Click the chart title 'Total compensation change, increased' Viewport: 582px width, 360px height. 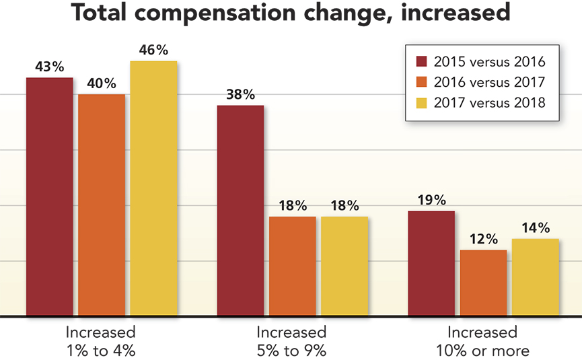pyautogui.click(x=291, y=14)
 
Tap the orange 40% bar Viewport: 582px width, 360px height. pyautogui.click(x=102, y=205)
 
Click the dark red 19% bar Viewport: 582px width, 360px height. pyautogui.click(x=431, y=263)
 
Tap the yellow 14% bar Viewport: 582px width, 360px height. pyautogui.click(x=536, y=277)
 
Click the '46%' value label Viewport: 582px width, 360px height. pyautogui.click(x=153, y=50)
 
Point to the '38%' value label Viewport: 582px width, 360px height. pyautogui.click(x=240, y=95)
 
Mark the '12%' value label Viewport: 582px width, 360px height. pyautogui.click(x=483, y=240)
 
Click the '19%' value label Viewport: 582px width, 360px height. pyautogui.click(x=431, y=201)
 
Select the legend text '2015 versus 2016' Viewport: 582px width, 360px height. pyautogui.click(x=489, y=63)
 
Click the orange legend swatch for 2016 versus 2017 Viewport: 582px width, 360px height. pyautogui.click(x=422, y=83)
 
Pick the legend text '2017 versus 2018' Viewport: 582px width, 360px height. pyautogui.click(x=489, y=103)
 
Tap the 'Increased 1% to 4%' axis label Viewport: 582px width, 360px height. pyautogui.click(x=100, y=341)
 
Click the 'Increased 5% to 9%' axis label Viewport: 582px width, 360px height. pyautogui.click(x=291, y=341)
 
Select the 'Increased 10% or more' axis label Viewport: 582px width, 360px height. pyautogui.click(x=482, y=341)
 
